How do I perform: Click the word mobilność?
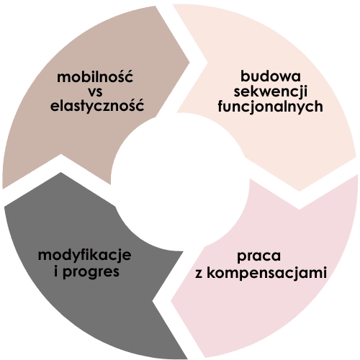[x=95, y=76]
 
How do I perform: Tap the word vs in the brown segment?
[x=96, y=92]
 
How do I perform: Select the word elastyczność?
[x=97, y=106]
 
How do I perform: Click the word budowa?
[x=271, y=76]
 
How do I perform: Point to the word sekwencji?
[x=271, y=91]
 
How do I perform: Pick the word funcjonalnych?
[x=270, y=106]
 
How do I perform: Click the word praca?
[x=258, y=256]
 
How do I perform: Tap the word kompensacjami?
[x=266, y=272]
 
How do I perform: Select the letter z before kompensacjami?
[x=199, y=274]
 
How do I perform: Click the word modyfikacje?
[x=85, y=255]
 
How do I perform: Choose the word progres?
[x=91, y=272]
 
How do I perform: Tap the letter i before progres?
[x=56, y=271]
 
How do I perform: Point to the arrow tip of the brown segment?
[x=189, y=63]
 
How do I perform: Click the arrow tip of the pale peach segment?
[x=300, y=191]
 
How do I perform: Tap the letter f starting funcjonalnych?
[x=221, y=107]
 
